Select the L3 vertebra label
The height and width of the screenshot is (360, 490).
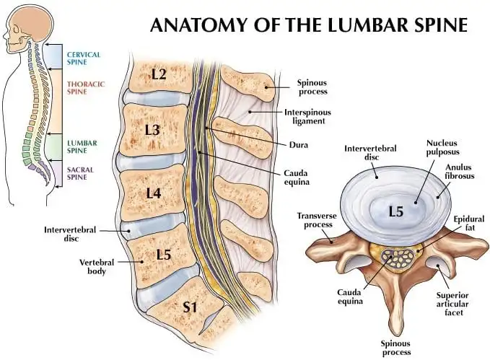[152, 130]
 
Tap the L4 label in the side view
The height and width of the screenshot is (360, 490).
[152, 193]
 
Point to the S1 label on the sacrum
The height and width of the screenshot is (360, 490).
[190, 307]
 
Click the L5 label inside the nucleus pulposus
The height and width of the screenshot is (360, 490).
[395, 211]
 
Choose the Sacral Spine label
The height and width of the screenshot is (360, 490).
[80, 174]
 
